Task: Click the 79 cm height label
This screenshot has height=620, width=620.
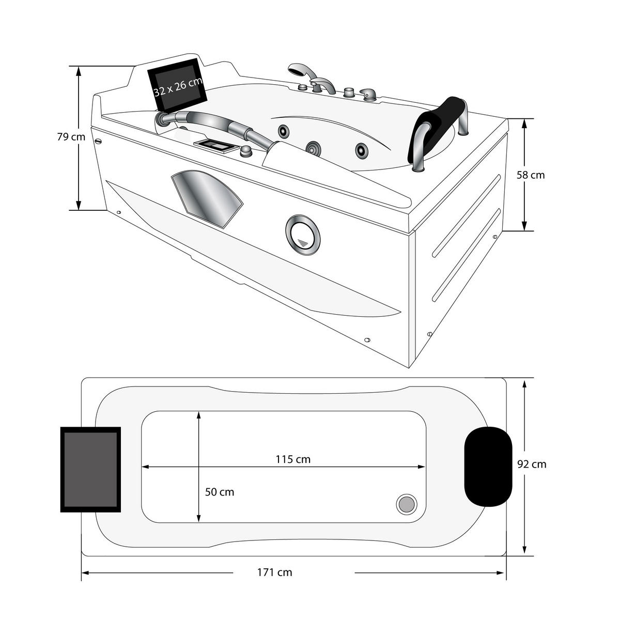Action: click(x=71, y=137)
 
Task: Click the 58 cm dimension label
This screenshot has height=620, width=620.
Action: click(x=531, y=175)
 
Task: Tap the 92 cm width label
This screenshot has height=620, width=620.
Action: click(x=532, y=464)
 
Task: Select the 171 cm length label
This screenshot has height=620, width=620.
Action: click(x=274, y=572)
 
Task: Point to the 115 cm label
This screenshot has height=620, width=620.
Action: click(x=293, y=459)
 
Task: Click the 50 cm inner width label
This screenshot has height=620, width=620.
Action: click(x=220, y=492)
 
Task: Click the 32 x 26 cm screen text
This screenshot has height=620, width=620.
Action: click(x=178, y=86)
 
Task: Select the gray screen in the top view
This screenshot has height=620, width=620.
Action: click(x=90, y=470)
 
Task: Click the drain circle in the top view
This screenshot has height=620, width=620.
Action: click(x=406, y=504)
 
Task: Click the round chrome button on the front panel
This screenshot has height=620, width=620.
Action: click(x=302, y=235)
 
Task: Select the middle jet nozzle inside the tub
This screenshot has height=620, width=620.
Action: click(x=312, y=149)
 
